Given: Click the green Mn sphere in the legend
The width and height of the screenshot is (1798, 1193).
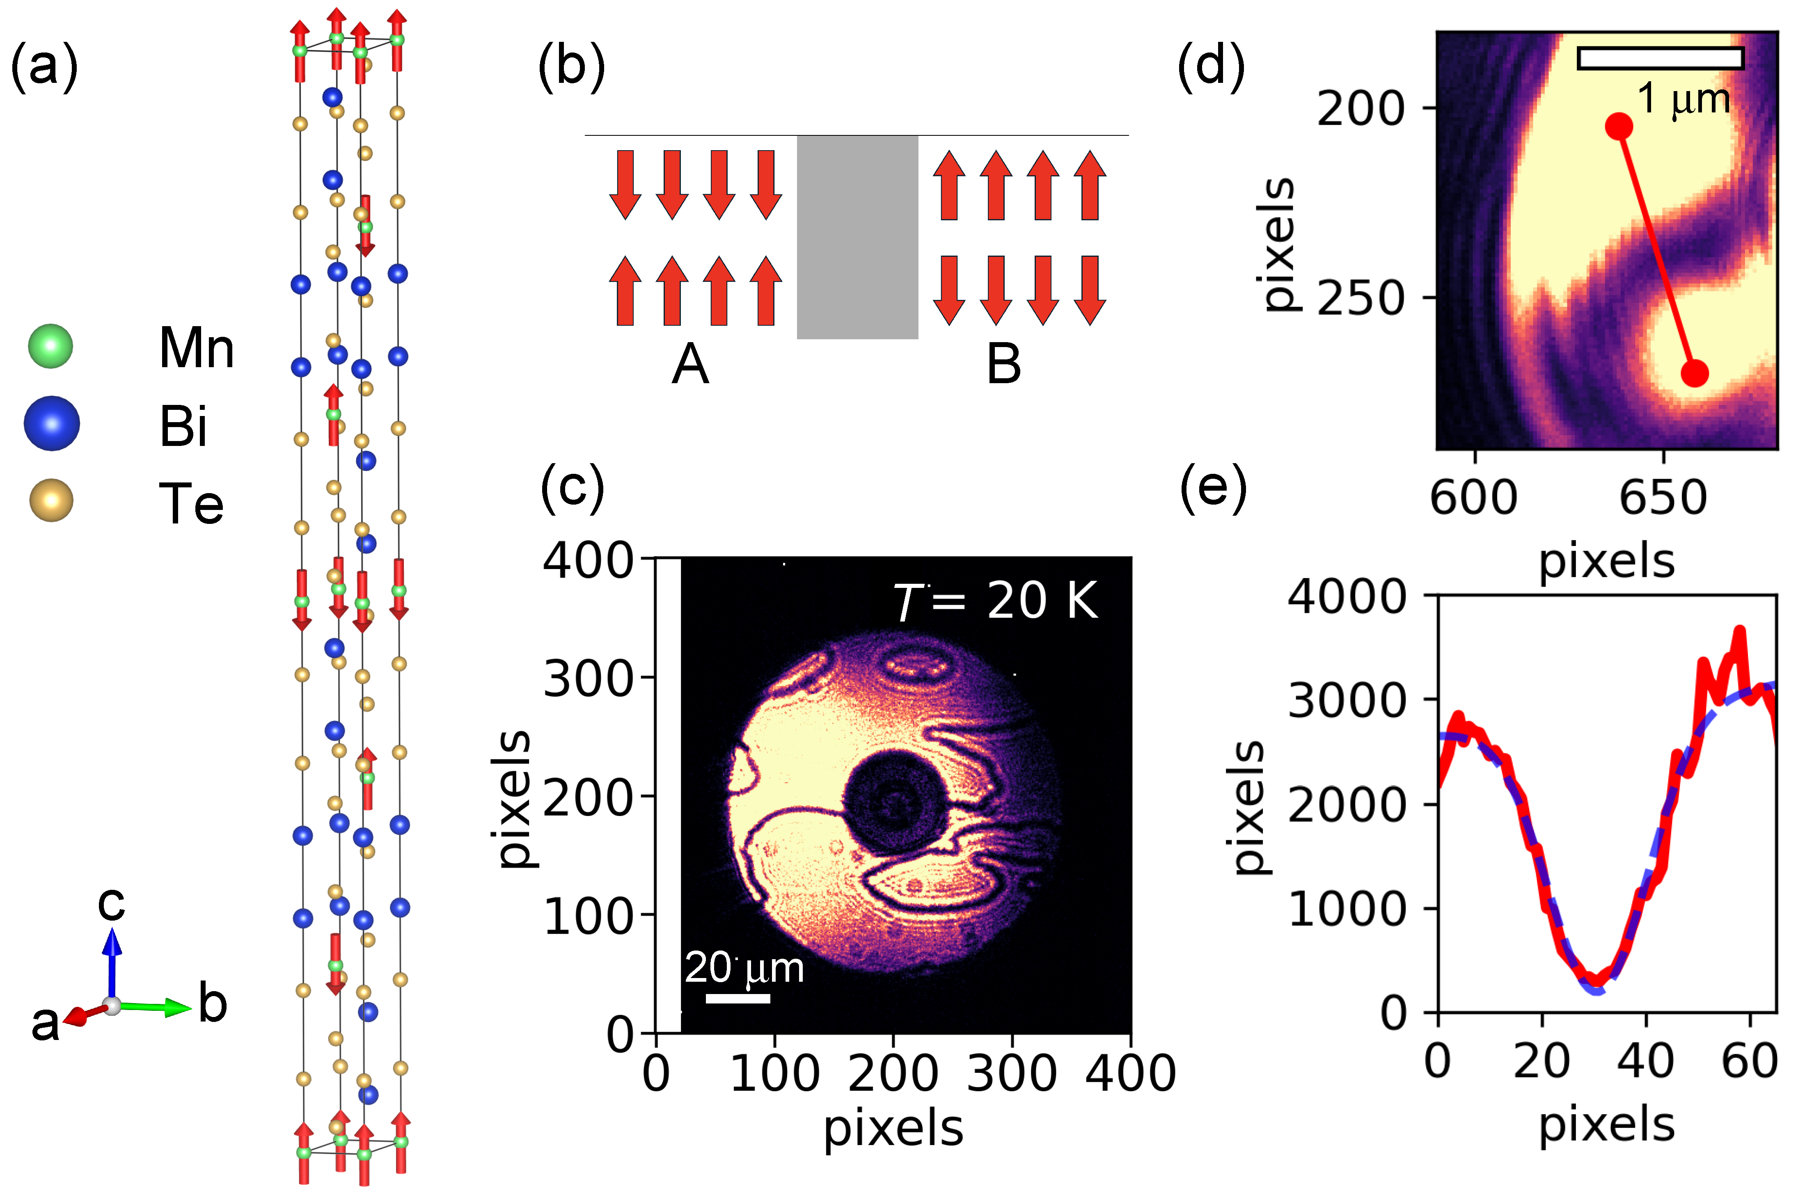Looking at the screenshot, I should [x=50, y=346].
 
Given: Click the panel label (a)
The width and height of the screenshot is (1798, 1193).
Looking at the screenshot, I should [x=44, y=67].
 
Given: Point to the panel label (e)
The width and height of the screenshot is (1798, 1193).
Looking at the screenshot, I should [x=1213, y=487].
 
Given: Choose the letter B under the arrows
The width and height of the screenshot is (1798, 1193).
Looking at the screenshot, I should [x=1003, y=363].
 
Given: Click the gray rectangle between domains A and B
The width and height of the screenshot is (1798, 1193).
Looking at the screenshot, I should [x=857, y=238].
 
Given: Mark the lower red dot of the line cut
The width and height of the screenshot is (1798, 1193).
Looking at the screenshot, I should [x=1695, y=373].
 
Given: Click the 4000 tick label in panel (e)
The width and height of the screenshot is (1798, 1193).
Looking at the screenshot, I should [x=1346, y=596].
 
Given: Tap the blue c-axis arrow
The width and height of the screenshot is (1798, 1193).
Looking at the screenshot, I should [x=112, y=962].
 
